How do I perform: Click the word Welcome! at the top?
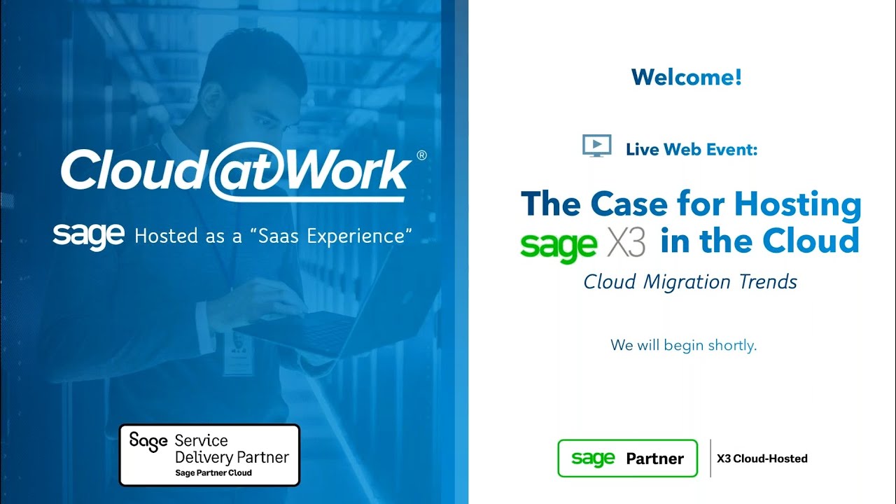(686, 77)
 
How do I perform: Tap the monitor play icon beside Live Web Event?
(596, 146)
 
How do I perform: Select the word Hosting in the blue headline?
(797, 204)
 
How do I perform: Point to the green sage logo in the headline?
(559, 244)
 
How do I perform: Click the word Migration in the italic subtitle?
(676, 282)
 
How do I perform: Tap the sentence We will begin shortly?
(683, 345)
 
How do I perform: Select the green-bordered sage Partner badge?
(627, 458)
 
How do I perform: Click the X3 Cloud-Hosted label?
(762, 458)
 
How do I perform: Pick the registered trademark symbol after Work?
(421, 156)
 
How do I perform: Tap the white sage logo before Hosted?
(89, 236)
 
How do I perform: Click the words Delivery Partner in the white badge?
(232, 458)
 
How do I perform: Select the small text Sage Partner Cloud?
(213, 473)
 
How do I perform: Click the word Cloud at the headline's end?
(811, 241)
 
